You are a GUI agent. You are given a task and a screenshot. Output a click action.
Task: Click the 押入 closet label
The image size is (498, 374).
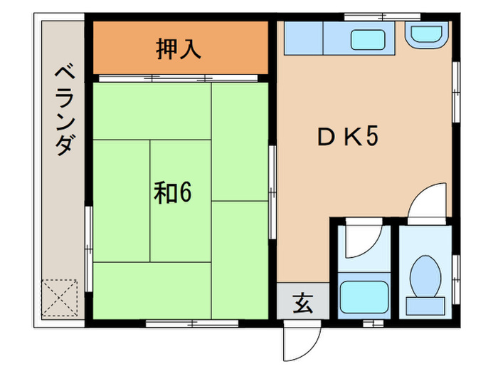pyautogui.click(x=179, y=49)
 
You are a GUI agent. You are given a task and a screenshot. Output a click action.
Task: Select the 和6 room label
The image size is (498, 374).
pyautogui.click(x=174, y=192)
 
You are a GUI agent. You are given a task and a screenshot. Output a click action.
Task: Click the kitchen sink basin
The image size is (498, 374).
pyautogui.click(x=369, y=40)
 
